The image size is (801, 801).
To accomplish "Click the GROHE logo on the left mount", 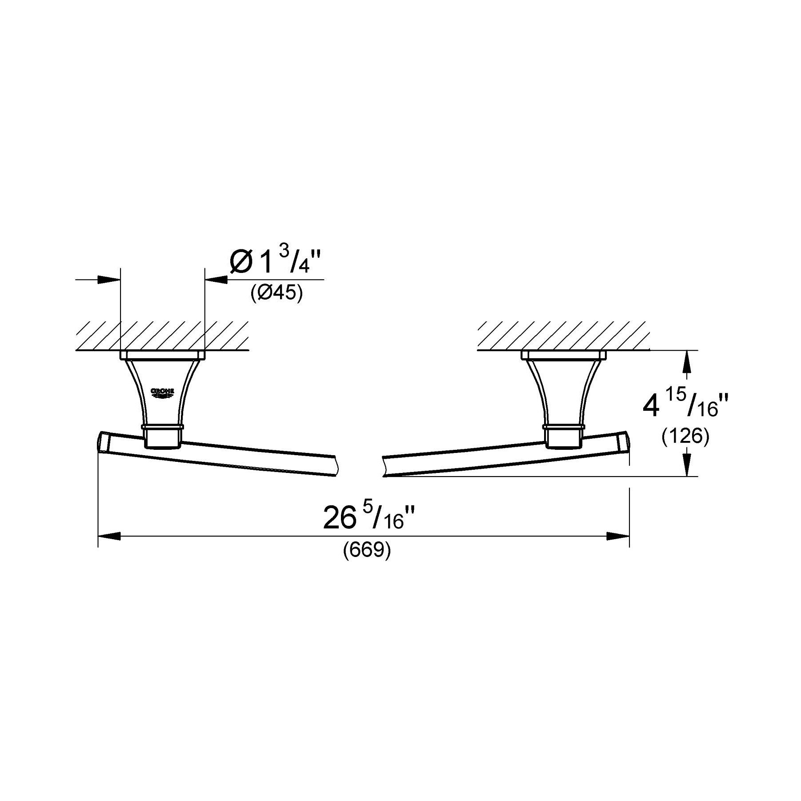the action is (x=163, y=392).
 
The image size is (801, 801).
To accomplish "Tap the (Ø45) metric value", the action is (x=276, y=293).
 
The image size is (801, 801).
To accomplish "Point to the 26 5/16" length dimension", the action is (x=370, y=518).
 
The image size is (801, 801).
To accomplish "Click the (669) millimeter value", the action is (x=367, y=551).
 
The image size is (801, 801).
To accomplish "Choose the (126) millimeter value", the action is (x=685, y=437).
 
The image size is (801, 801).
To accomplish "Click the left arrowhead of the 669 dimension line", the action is (x=109, y=537).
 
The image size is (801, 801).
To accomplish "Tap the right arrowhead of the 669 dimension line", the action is (x=618, y=537).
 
